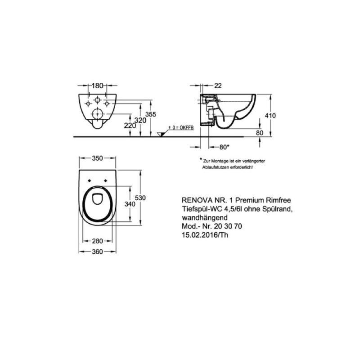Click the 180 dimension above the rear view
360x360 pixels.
97,86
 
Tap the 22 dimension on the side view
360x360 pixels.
218,85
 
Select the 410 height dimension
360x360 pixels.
270,116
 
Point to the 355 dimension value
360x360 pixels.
151,114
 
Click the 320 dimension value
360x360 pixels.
140,120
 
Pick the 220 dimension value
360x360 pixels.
130,126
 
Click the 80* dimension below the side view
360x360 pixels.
224,147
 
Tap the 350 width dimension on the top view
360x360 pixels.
97,158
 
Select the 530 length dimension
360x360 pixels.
140,198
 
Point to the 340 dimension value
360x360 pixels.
130,204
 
